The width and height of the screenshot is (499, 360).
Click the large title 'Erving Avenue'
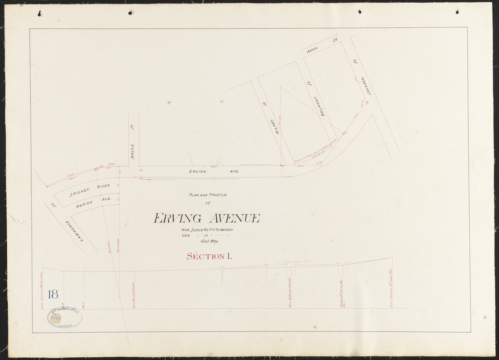pos(207,219)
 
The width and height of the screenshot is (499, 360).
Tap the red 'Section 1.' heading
pos(209,256)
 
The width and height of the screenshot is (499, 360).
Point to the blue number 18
pos(52,295)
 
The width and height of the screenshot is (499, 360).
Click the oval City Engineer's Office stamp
pos(65,318)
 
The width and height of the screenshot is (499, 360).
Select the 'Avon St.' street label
pos(322,46)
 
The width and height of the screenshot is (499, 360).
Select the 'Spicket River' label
pos(90,191)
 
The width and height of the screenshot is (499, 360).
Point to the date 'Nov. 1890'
pos(206,241)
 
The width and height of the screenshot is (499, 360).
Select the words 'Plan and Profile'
pos(208,195)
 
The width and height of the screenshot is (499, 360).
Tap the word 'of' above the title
pos(208,203)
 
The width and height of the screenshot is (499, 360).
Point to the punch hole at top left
pos(40,13)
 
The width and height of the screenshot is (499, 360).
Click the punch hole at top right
pos(457,11)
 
